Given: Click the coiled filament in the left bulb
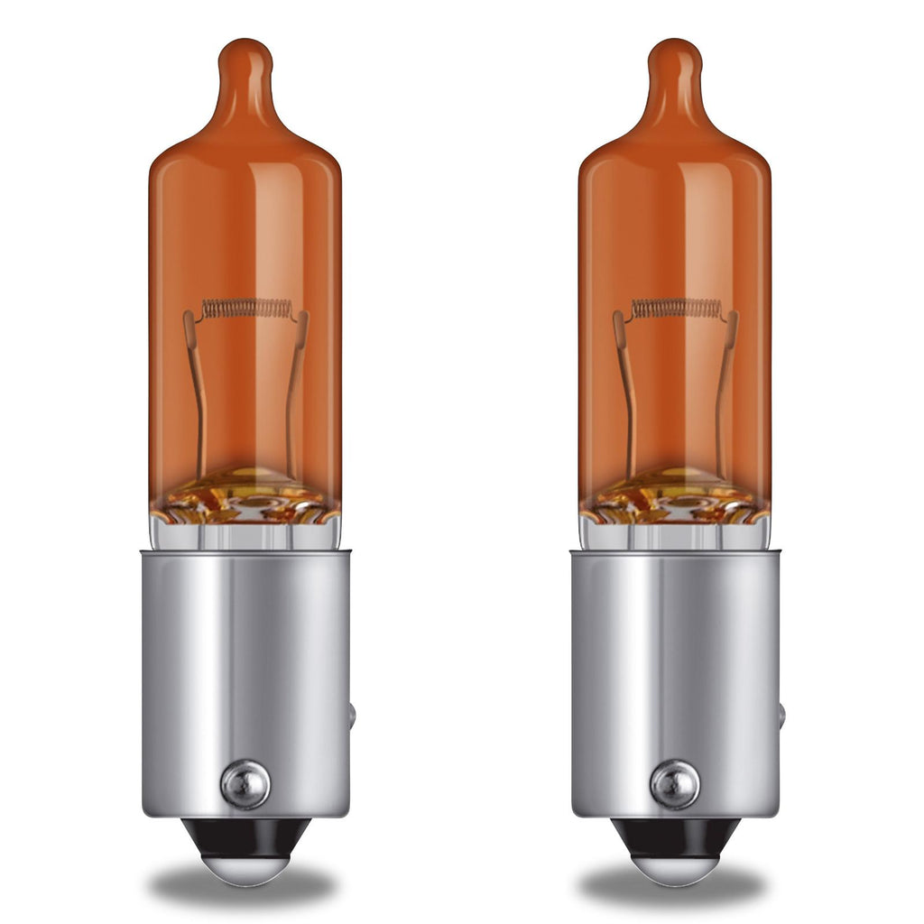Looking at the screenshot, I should pos(246,309).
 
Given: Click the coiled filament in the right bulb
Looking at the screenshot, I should pos(676,309).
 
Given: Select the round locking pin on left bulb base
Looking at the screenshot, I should pos(245,784).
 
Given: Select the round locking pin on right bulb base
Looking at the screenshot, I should pos(675,784).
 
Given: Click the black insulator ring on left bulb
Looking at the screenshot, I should pos(245,835).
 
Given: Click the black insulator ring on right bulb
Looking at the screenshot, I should pos(675,835).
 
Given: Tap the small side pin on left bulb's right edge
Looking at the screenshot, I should pos(352,716).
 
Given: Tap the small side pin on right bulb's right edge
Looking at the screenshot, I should pos(781,716).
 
